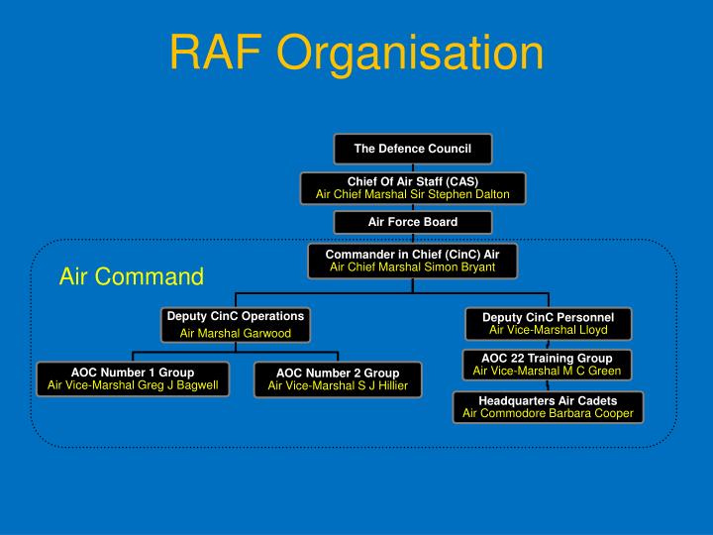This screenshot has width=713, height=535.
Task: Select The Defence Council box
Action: (412, 149)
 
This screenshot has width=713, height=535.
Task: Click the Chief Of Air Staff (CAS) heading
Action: (412, 181)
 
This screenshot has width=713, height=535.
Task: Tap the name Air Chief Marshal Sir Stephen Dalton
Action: (412, 194)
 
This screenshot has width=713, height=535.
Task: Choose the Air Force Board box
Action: (412, 222)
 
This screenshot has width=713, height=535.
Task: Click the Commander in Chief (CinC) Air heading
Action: (412, 255)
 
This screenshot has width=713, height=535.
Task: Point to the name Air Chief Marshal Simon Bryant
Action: (412, 267)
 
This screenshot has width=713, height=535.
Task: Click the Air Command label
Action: (131, 275)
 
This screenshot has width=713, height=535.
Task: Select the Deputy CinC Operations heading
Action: (235, 316)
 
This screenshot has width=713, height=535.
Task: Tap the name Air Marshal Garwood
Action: (235, 334)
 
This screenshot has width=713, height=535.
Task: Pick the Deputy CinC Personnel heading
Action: (548, 317)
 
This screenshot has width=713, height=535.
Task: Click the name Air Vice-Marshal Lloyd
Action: (548, 330)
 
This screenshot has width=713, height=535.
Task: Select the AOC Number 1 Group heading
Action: (133, 373)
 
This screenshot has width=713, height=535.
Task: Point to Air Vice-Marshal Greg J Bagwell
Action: (133, 385)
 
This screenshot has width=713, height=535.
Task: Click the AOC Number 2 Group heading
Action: (338, 374)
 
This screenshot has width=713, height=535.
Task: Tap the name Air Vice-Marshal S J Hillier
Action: (338, 386)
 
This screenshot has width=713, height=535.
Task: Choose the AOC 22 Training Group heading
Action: (547, 358)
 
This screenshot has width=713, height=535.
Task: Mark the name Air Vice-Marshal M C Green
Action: (547, 371)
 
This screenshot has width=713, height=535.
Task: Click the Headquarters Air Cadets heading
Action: (548, 400)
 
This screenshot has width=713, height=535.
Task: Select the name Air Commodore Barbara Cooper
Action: (548, 413)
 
